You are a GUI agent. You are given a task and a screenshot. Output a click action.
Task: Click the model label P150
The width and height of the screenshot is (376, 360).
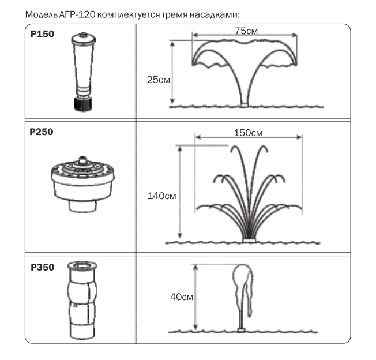click(43, 34)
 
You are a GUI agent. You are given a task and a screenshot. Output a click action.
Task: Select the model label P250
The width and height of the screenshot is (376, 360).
click(42, 132)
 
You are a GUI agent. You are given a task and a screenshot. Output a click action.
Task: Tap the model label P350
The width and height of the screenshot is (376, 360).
click(43, 267)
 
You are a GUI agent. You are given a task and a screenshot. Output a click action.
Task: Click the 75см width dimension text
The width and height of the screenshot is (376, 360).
click(246, 31)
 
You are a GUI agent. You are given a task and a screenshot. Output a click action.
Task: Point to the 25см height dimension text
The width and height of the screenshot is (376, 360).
click(159, 80)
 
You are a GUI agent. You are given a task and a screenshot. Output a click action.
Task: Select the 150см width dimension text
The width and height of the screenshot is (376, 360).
click(248, 133)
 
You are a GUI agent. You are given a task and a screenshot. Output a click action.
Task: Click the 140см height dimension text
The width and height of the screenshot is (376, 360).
click(162, 196)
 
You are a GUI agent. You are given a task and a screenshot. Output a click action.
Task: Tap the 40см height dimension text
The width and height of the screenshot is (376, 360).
click(182, 297)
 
